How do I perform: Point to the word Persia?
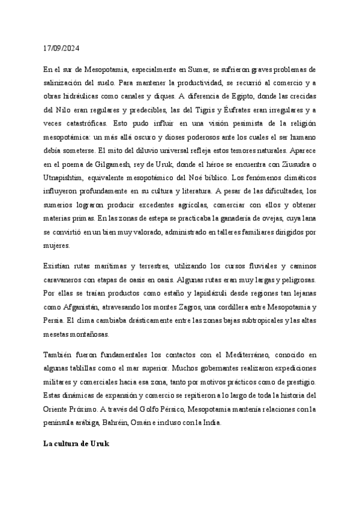pos(56,320)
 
